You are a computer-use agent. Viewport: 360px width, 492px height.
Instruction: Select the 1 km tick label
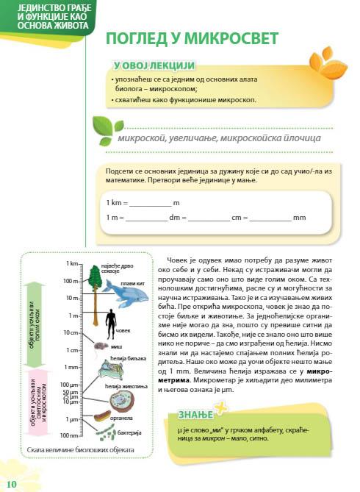[72, 263]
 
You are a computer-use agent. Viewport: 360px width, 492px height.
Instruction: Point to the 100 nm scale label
[70, 436]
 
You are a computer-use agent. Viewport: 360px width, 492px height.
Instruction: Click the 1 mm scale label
[71, 367]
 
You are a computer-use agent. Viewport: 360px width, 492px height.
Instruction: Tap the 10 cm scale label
[71, 332]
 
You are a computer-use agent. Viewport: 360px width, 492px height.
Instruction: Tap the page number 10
[11, 482]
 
